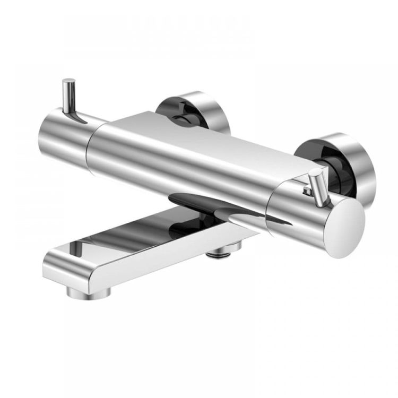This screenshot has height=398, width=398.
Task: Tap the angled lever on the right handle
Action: [318, 188]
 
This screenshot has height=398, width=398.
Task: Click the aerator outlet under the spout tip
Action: [89, 291]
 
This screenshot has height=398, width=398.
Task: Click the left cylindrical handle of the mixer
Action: [61, 133]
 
